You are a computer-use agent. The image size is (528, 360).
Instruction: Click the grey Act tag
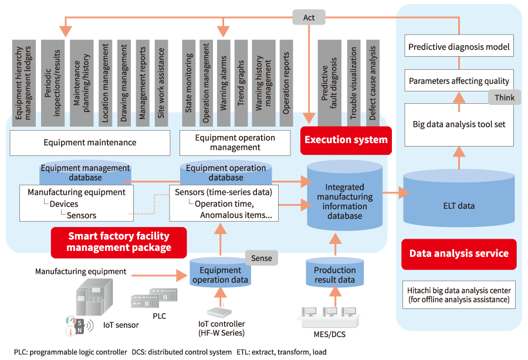point(309,18)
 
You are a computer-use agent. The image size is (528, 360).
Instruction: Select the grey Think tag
point(505,98)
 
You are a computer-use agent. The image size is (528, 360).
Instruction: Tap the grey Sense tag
point(261,257)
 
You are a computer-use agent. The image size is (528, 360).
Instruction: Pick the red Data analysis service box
point(458,254)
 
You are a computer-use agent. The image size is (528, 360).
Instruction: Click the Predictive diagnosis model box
point(459,47)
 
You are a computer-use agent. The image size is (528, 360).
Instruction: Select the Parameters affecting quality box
point(459,81)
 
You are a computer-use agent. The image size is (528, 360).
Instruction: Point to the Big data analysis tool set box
point(459,124)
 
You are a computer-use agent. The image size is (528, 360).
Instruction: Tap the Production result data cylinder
point(334,274)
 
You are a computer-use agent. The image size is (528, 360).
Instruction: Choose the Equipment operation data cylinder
point(220,274)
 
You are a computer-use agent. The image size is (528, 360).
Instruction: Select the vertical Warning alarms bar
point(224,82)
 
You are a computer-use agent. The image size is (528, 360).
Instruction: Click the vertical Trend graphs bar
point(241,82)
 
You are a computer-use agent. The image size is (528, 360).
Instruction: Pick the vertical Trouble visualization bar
point(353,82)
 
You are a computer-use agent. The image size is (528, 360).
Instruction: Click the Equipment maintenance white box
point(90,142)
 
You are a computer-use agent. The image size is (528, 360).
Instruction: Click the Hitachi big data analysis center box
point(459,296)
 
